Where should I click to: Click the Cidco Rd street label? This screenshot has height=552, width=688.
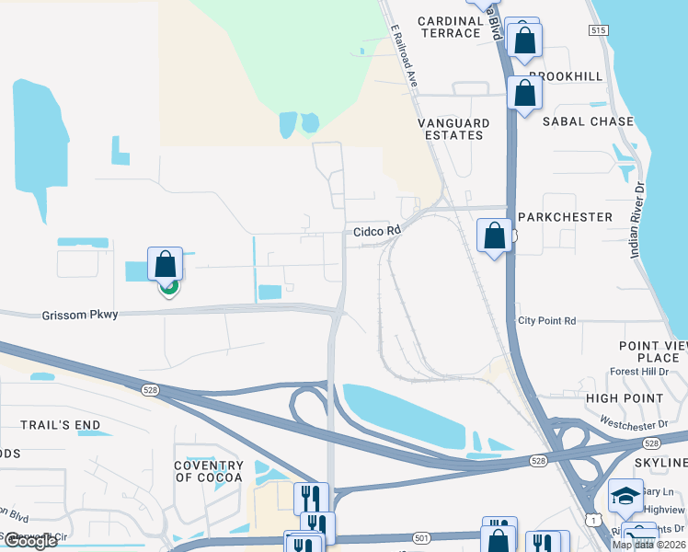377,231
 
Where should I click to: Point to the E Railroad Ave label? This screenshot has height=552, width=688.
405,57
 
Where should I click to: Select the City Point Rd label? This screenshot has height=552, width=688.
546,321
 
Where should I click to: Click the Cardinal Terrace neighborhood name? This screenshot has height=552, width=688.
450,27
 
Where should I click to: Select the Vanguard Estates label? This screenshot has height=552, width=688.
451,129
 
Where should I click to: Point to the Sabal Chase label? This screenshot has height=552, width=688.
588,121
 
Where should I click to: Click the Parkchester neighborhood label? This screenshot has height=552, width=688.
565,217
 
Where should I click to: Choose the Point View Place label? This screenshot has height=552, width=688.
651,351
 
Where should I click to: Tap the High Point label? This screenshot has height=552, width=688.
625,398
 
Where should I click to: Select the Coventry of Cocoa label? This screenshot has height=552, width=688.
209,470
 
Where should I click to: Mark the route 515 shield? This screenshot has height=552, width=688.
599,30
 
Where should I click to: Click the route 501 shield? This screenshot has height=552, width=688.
422,538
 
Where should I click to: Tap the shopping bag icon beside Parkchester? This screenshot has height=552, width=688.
495,236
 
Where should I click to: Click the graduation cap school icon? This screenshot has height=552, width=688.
625,497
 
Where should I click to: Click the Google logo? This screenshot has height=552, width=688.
29,541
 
